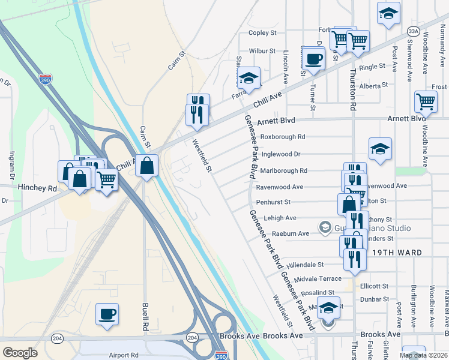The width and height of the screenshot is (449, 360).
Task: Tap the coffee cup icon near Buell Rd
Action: coord(107,314)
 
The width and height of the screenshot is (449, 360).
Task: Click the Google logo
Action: coord(20,353)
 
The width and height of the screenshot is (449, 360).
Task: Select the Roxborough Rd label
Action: coord(283,137)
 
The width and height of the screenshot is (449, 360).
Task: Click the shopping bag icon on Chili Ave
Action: coord(146,165)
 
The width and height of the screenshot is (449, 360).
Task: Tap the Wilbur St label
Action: coord(262,51)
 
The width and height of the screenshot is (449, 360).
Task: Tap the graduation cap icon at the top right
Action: coord(388,13)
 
